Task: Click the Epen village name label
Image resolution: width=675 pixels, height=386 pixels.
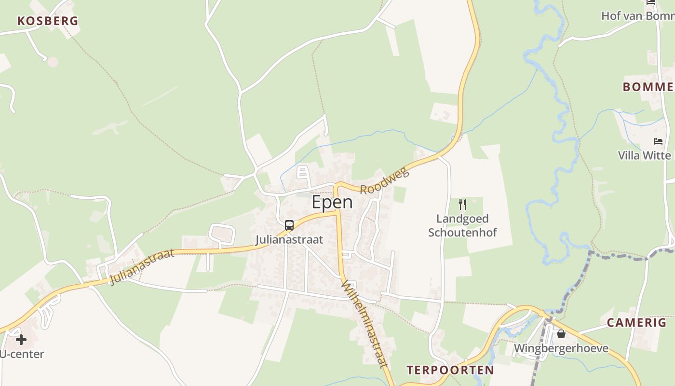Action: (332, 202)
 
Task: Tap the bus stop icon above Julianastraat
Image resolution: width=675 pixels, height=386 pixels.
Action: (289, 225)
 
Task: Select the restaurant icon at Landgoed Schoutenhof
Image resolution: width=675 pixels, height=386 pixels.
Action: (462, 205)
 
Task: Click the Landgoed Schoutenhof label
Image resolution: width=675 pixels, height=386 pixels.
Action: (463, 226)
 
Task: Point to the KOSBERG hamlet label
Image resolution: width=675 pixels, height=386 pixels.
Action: (48, 21)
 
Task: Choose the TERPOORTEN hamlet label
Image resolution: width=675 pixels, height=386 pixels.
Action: (450, 370)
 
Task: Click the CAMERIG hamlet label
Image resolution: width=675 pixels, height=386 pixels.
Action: (636, 323)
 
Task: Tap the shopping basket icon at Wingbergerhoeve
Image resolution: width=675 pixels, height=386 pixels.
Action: (561, 334)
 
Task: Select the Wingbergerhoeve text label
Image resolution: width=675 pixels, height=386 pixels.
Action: (561, 348)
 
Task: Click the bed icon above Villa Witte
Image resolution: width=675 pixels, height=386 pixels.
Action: (658, 141)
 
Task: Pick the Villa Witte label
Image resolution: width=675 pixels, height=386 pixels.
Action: (645, 155)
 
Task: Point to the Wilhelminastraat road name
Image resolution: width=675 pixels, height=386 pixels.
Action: (364, 325)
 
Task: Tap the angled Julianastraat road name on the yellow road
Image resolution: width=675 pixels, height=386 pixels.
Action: (141, 266)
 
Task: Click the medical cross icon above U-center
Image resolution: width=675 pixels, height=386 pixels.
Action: (21, 340)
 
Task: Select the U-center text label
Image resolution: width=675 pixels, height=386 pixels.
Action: (22, 354)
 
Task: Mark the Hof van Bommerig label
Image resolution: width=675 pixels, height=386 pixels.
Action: (637, 16)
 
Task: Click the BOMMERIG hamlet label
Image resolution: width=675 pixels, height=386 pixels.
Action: (648, 87)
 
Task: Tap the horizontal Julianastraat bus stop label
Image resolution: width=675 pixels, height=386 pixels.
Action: (289, 239)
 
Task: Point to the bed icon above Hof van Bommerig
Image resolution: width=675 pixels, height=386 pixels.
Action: (651, 2)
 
